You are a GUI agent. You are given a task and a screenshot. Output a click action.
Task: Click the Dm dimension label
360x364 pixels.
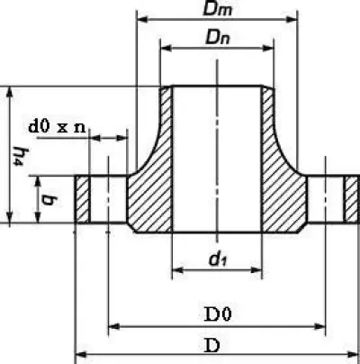(x=218, y=9)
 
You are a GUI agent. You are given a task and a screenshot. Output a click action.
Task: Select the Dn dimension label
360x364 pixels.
(x=218, y=38)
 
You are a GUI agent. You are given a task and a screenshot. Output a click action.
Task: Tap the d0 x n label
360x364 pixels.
(x=57, y=127)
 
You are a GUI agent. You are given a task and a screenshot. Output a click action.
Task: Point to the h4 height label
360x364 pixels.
(x=18, y=156)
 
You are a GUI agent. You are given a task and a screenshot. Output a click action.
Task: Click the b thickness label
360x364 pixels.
(x=48, y=199)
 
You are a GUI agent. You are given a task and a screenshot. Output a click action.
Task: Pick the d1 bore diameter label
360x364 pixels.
(x=218, y=259)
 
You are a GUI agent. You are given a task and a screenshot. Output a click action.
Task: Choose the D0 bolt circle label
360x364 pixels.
(x=218, y=314)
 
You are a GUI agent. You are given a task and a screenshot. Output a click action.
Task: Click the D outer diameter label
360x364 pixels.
(x=212, y=345)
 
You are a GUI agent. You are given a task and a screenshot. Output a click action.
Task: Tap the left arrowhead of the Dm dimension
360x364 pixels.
(x=142, y=20)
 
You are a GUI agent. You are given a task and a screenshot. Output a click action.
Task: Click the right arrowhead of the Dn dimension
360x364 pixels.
(x=268, y=48)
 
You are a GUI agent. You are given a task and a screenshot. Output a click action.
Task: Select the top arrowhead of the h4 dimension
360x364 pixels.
(x=10, y=92)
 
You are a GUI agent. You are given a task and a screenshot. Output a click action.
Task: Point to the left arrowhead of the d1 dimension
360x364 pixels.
(x=177, y=269)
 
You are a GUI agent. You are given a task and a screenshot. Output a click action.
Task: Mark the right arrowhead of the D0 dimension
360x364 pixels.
(x=319, y=326)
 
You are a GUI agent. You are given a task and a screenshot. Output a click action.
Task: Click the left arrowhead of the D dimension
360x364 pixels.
(x=80, y=355)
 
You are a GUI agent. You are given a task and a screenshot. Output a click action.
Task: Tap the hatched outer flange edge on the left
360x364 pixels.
(x=82, y=199)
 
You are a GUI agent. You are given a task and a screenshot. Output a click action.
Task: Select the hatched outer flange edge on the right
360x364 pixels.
(x=351, y=199)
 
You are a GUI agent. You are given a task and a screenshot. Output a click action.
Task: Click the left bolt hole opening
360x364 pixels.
(x=108, y=199)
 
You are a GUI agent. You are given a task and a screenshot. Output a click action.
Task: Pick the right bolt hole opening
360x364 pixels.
(x=325, y=199)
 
